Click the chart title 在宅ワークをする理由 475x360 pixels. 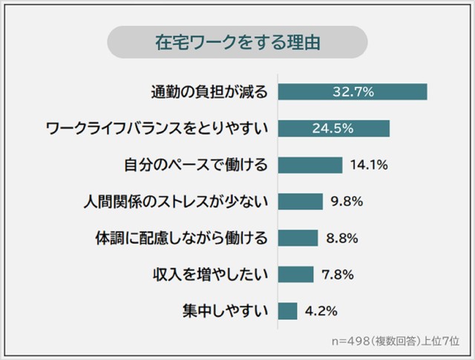(237, 42)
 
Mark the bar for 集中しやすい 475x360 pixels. (287, 310)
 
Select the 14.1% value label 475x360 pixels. (369, 165)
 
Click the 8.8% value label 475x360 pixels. (343, 238)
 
